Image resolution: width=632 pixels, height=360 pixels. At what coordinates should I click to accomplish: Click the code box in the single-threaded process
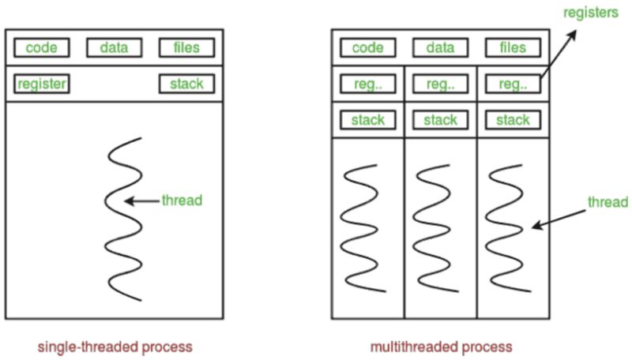[x=41, y=48]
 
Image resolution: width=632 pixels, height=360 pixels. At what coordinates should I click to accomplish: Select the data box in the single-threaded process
[x=114, y=48]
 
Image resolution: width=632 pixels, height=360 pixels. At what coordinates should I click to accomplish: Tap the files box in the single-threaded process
[x=186, y=48]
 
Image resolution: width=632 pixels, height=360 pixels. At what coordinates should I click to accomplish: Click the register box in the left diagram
[x=41, y=84]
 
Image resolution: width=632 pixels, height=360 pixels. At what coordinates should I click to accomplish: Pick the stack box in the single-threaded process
[x=186, y=84]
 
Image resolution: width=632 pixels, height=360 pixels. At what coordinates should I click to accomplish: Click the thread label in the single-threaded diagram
[x=182, y=201]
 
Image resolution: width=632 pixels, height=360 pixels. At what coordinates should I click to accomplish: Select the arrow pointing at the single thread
[x=142, y=201]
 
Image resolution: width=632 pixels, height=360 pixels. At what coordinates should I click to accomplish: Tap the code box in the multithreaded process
[x=367, y=48]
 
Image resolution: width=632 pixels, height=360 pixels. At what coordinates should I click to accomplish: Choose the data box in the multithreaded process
[x=440, y=48]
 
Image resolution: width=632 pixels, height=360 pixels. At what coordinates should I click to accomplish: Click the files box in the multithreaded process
[x=513, y=48]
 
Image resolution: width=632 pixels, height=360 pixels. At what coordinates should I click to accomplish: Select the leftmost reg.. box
[x=367, y=84]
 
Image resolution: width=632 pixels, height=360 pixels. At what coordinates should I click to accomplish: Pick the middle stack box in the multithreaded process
[x=440, y=120]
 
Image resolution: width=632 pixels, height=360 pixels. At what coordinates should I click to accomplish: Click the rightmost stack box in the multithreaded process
[x=513, y=120]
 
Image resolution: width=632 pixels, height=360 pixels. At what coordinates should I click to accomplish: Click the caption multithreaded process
[x=441, y=347]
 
